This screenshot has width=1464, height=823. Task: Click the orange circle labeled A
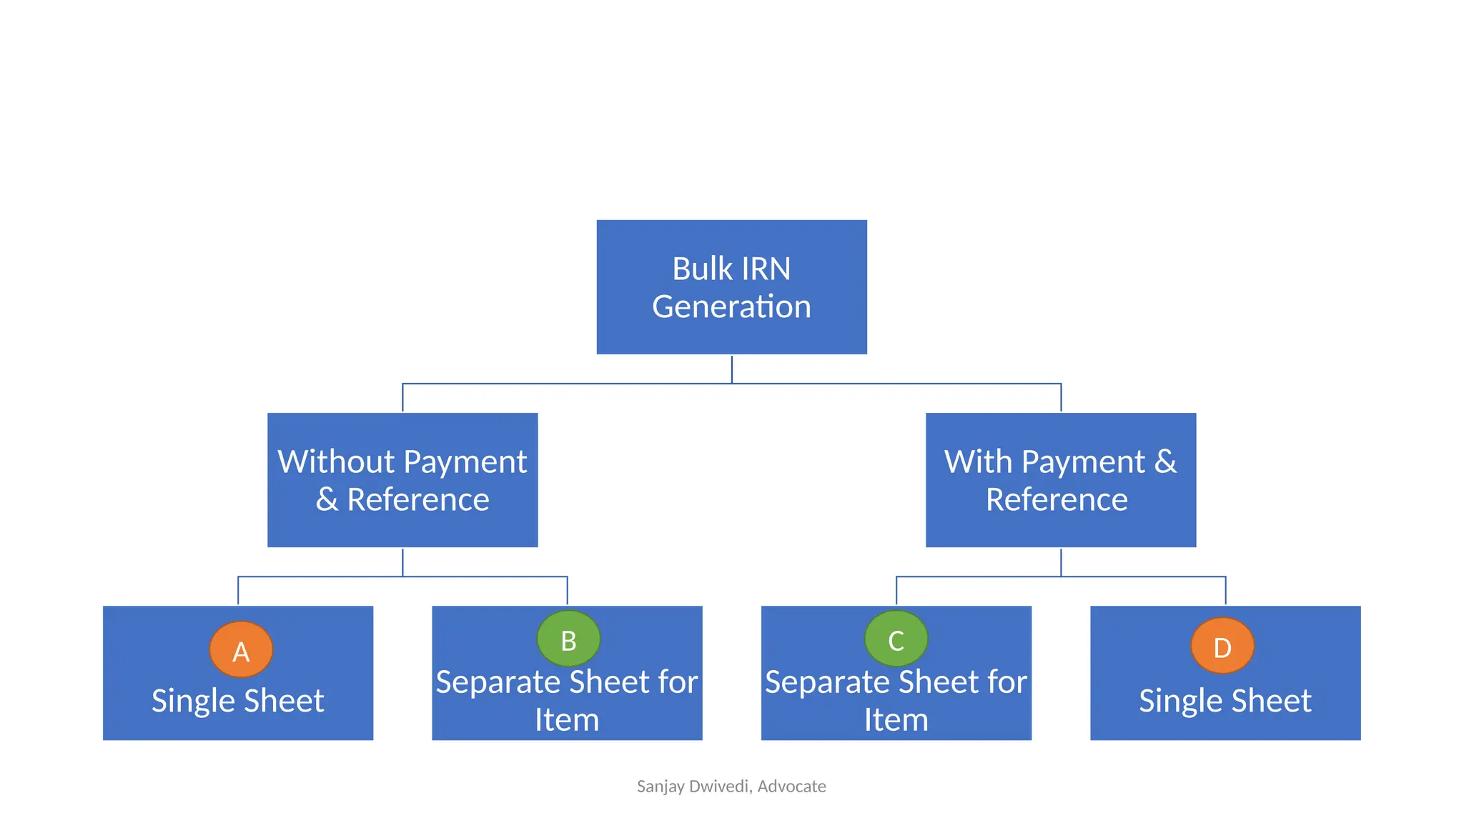click(x=241, y=649)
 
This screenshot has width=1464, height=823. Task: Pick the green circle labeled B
click(x=568, y=639)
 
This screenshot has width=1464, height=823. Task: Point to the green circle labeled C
click(x=896, y=639)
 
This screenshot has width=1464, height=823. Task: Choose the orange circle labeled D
click(x=1222, y=646)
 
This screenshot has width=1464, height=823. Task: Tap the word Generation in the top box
click(x=731, y=307)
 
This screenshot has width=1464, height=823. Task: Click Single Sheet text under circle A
click(x=237, y=701)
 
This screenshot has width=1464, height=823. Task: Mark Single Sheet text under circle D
click(x=1225, y=701)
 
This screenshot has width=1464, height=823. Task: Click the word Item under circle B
click(x=567, y=720)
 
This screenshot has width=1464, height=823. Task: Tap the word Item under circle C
click(x=896, y=720)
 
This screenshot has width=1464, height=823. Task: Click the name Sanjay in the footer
click(x=660, y=787)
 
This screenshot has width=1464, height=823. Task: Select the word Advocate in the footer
click(x=791, y=787)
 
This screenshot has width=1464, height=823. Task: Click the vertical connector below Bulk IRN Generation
click(x=731, y=369)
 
